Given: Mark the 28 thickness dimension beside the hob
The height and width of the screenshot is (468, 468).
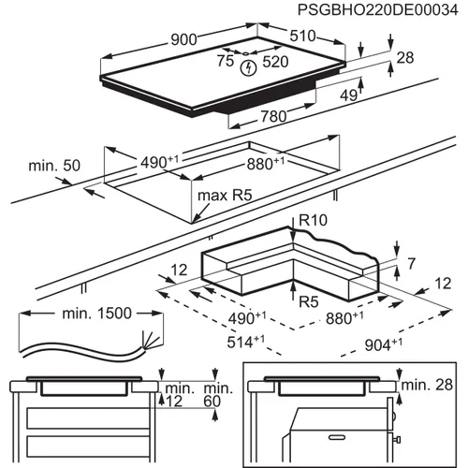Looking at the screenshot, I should (403, 59).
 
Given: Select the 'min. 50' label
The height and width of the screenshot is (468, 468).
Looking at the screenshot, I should (53, 167).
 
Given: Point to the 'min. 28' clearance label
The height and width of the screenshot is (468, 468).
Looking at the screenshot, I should (429, 386).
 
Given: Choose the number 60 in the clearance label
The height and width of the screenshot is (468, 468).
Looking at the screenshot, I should (212, 402).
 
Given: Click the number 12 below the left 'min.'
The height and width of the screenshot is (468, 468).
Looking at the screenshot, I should (173, 402).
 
